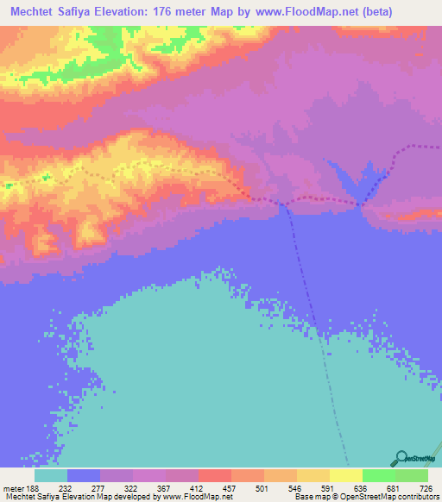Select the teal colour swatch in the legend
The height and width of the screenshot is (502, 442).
pos(51,475)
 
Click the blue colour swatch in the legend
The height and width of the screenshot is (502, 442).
pos(84,475)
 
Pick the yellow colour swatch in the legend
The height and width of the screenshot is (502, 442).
pos(313,475)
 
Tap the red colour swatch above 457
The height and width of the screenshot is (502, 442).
pos(215,475)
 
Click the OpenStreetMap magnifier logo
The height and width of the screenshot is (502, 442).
pos(400,458)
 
